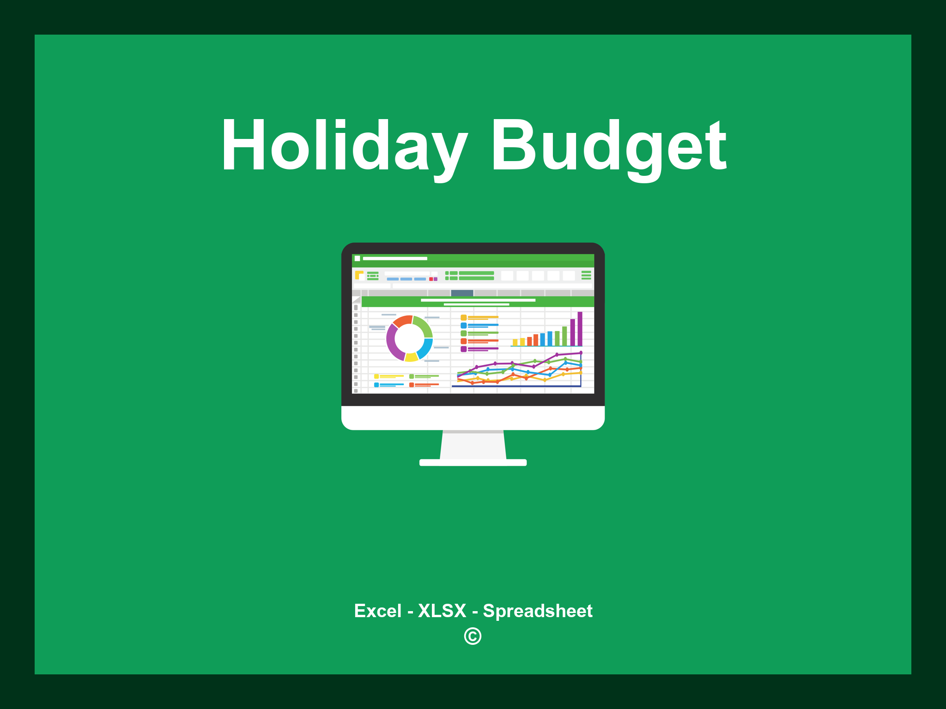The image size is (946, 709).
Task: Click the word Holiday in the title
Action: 344,145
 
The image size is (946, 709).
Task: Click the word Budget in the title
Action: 608,145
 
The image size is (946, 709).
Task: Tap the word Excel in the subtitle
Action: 377,611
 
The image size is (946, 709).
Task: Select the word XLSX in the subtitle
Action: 442,611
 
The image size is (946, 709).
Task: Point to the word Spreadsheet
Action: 537,611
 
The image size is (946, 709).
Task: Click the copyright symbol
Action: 473,636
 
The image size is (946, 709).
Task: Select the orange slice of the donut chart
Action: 402,321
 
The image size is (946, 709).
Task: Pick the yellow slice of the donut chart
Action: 411,357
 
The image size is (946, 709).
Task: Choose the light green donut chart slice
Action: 423,325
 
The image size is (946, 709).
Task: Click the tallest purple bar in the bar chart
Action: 580,329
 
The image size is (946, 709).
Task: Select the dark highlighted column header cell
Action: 462,293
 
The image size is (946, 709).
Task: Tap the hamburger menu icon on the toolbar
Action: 586,275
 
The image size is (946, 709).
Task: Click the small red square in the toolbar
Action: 431,279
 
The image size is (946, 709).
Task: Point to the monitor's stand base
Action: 473,463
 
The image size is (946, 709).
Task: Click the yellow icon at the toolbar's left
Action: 359,275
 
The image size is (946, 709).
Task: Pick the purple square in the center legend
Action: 463,349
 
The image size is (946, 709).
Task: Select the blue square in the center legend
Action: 463,325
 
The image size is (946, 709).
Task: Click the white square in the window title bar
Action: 357,258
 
